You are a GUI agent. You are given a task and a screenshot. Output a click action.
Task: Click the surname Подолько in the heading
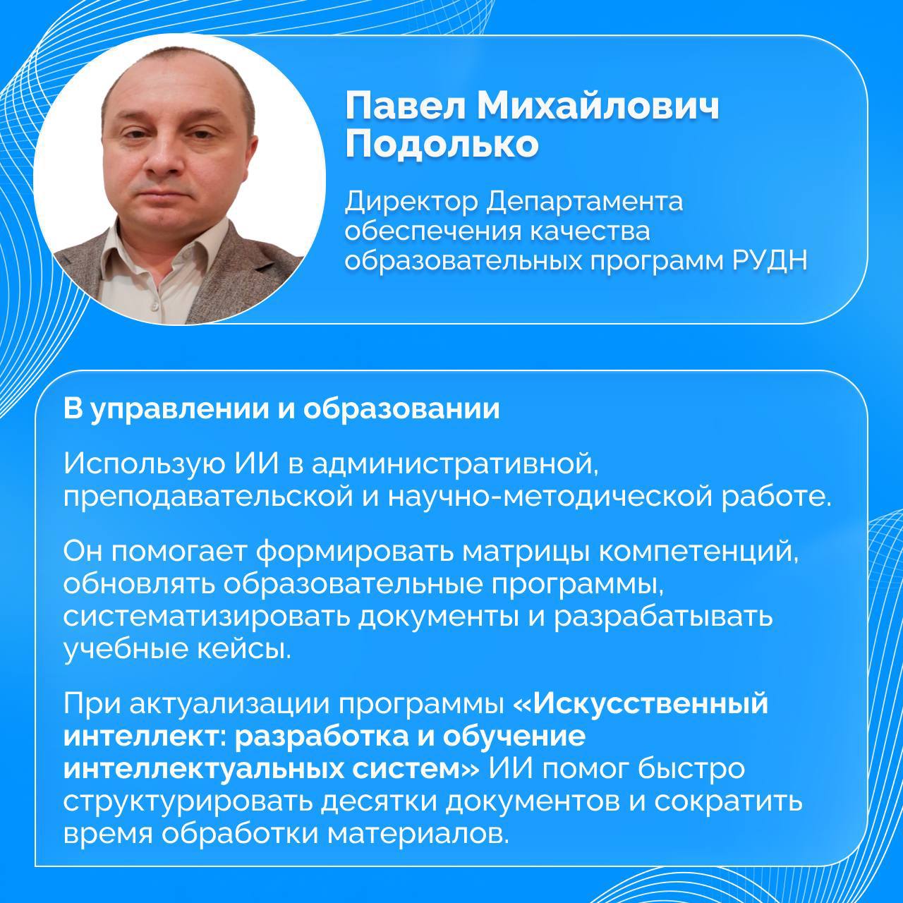(442, 144)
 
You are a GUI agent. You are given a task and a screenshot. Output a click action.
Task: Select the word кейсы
(243, 649)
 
